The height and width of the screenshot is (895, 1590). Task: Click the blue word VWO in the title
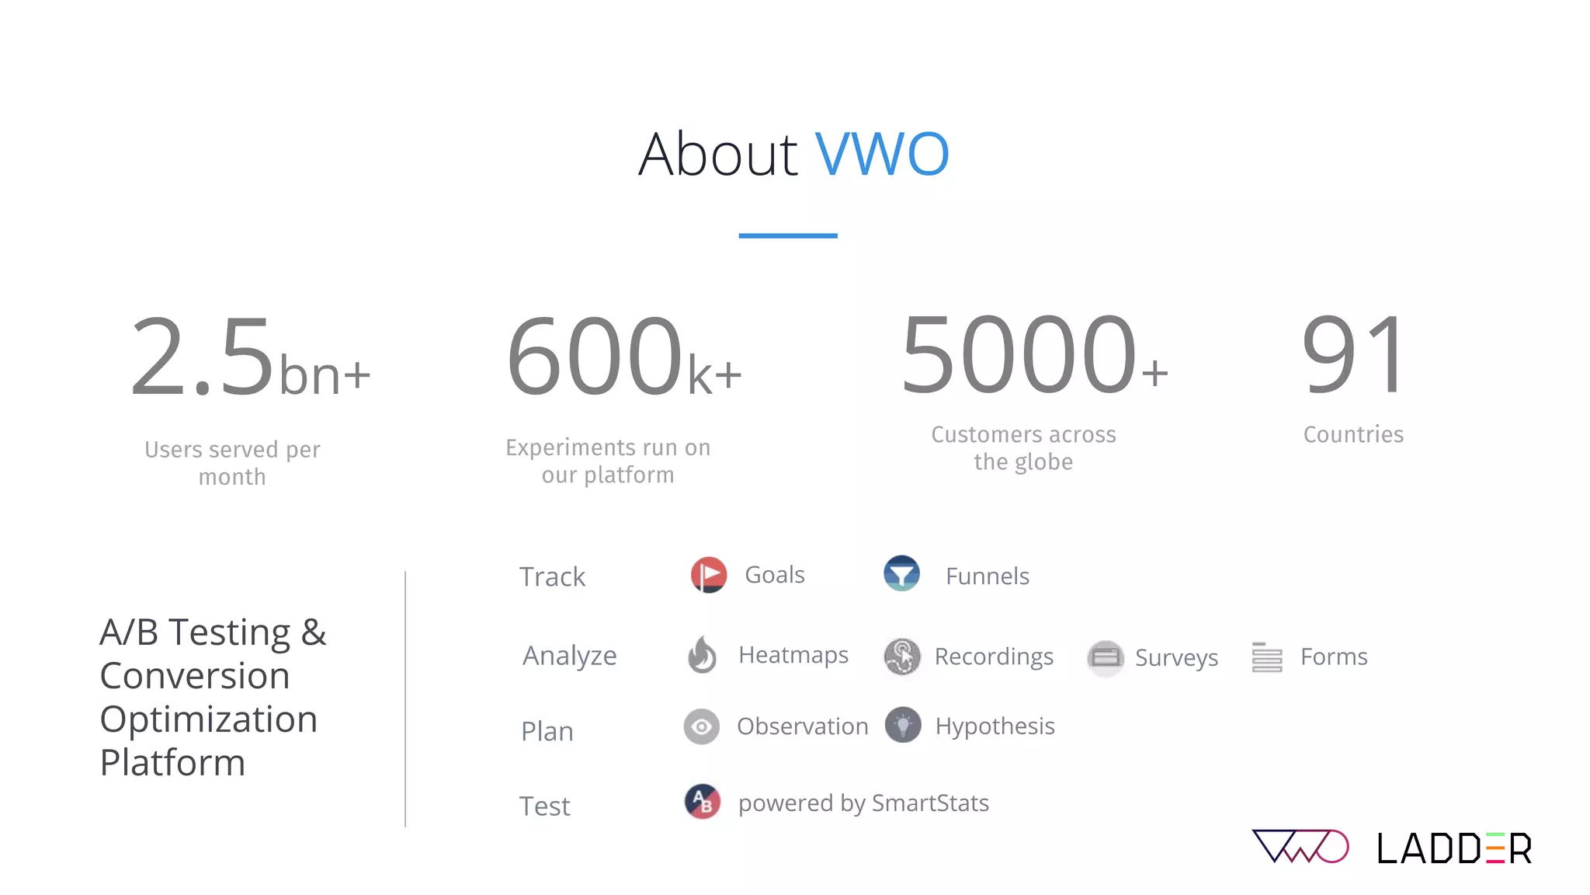pyautogui.click(x=882, y=154)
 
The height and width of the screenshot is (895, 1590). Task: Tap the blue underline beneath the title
pyautogui.click(x=787, y=235)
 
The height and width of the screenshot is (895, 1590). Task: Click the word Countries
pyautogui.click(x=1353, y=434)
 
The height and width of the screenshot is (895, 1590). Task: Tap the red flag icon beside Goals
pyautogui.click(x=708, y=575)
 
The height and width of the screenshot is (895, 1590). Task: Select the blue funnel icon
pyautogui.click(x=901, y=574)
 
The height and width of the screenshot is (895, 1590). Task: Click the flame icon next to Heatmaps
pyautogui.click(x=703, y=655)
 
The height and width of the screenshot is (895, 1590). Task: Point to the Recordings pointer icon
pyautogui.click(x=902, y=656)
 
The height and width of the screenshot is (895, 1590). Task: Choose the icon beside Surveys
pyautogui.click(x=1106, y=658)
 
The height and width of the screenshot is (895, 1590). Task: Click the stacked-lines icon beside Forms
pyautogui.click(x=1266, y=657)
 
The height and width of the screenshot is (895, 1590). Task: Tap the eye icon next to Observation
pyautogui.click(x=702, y=727)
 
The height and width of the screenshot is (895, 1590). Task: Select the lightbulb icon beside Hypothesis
pyautogui.click(x=902, y=726)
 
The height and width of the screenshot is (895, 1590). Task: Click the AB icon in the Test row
pyautogui.click(x=703, y=802)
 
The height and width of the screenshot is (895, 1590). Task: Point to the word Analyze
pyautogui.click(x=570, y=656)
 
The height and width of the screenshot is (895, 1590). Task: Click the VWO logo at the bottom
pyautogui.click(x=1300, y=847)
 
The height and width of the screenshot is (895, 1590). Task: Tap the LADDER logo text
pyautogui.click(x=1454, y=848)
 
